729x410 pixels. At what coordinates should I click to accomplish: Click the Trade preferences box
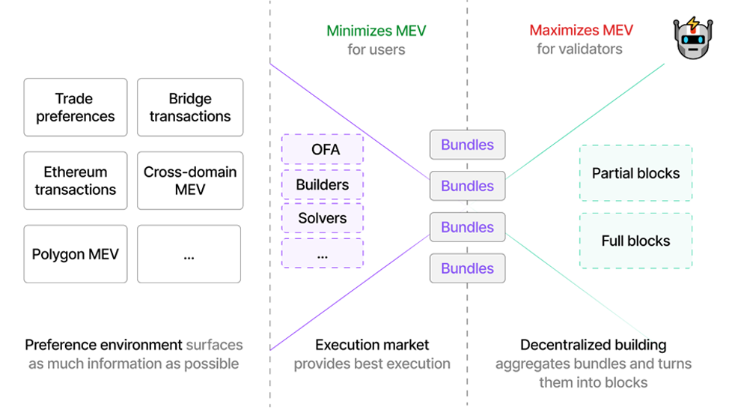tap(76, 107)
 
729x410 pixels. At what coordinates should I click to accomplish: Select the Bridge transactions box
tap(190, 107)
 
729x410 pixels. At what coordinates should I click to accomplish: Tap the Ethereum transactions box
tap(76, 181)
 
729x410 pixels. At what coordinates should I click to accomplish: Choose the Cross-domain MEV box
tap(190, 181)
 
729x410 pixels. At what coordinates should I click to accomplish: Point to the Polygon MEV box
tap(76, 254)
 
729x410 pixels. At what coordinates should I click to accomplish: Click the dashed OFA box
tap(323, 149)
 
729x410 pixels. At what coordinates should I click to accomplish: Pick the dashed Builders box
tap(323, 184)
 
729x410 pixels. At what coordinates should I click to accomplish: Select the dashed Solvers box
tap(323, 218)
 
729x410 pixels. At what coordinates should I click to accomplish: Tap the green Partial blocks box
tap(635, 173)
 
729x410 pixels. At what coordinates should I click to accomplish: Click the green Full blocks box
tap(635, 241)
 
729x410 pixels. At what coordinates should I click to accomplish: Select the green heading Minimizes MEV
tap(376, 31)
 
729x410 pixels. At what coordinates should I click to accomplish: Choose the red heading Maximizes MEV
tap(581, 31)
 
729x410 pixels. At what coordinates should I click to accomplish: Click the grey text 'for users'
tap(376, 49)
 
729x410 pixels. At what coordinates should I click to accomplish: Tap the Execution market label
tap(372, 345)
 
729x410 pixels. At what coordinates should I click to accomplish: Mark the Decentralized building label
tap(593, 345)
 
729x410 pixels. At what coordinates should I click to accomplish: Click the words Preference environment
tap(103, 345)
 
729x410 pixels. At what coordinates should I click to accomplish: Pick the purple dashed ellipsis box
tap(323, 253)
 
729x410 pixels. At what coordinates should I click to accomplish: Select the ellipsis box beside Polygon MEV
tap(189, 254)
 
